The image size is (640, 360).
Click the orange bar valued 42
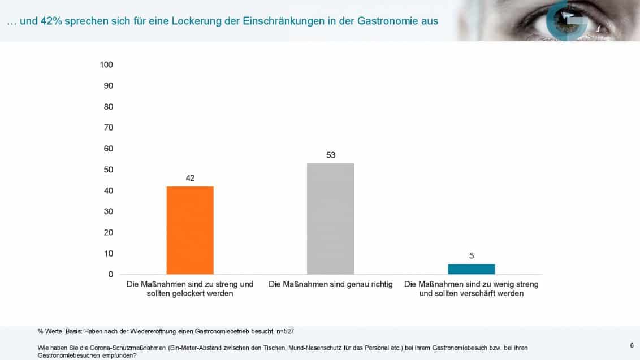point(190,230)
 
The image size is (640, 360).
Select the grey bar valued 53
point(331,219)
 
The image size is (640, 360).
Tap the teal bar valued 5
point(471,269)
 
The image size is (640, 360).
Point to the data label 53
point(331,155)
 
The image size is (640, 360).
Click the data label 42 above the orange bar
point(190,178)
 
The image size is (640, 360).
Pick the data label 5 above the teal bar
point(471,255)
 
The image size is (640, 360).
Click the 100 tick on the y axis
point(106,64)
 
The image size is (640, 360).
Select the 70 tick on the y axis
point(108,128)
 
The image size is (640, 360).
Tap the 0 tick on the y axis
point(110,274)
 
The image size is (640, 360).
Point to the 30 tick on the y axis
point(108,211)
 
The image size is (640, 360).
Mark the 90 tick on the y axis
point(108,85)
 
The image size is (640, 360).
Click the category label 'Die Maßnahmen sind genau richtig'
point(331,284)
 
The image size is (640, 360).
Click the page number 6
point(631,345)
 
